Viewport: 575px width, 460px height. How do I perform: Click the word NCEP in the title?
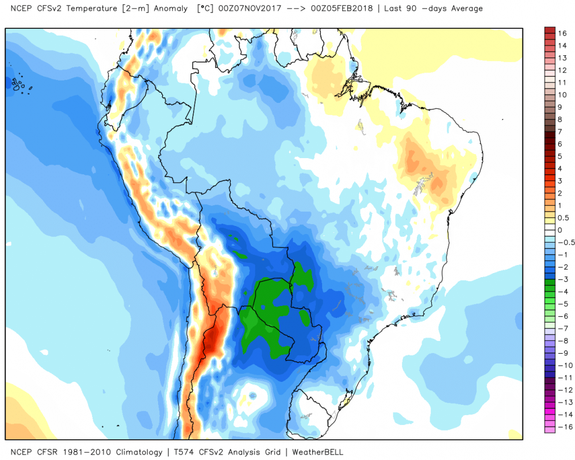[14, 9]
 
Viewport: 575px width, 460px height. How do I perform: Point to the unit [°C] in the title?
[205, 9]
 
